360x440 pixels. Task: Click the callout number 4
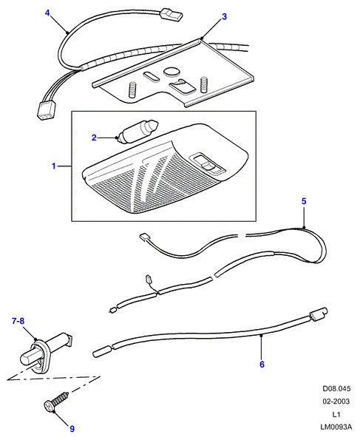click(x=47, y=13)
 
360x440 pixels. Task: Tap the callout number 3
click(x=224, y=16)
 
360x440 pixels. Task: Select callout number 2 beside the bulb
click(x=94, y=138)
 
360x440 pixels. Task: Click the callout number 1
click(x=53, y=166)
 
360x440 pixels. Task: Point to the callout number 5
click(x=304, y=201)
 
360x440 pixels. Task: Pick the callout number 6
click(x=262, y=365)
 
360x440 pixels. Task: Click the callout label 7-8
click(x=18, y=321)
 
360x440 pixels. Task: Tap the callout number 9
click(x=72, y=429)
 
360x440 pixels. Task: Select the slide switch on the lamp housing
click(x=207, y=164)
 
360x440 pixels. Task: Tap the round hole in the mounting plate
click(x=171, y=72)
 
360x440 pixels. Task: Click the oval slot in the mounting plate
click(x=151, y=77)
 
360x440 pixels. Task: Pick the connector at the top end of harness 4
click(x=171, y=15)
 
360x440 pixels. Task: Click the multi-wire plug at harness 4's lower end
click(x=46, y=110)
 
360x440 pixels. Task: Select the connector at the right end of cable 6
click(x=318, y=314)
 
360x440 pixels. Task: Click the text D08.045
click(x=336, y=389)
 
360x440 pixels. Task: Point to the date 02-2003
click(x=336, y=402)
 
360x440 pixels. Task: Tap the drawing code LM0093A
click(x=336, y=427)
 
